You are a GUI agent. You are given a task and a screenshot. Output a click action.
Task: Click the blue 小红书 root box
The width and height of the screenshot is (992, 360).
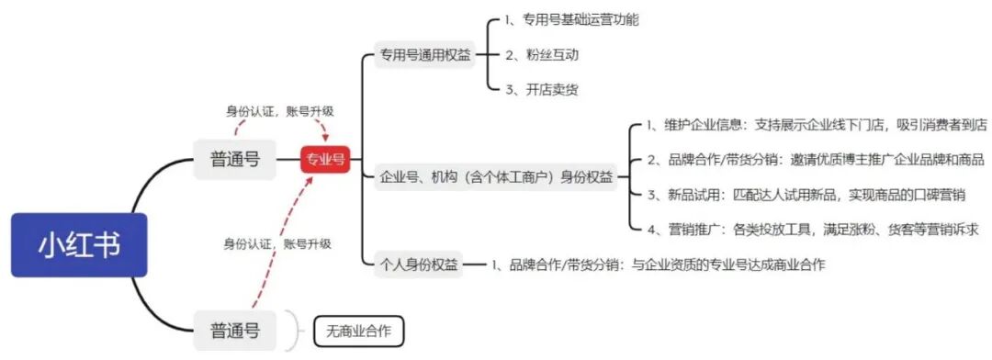pos(79,244)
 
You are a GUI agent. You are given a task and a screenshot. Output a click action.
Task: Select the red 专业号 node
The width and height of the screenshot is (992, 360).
pos(325,159)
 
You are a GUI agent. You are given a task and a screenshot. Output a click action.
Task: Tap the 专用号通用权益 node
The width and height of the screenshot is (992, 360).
pos(425,55)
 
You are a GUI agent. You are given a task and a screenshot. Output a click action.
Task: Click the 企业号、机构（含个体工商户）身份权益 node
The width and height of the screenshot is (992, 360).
pos(496,177)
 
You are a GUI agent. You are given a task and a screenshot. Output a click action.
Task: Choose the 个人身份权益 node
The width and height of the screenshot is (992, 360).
pos(418,264)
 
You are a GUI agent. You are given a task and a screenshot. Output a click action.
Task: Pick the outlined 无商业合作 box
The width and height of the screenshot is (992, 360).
pos(358,331)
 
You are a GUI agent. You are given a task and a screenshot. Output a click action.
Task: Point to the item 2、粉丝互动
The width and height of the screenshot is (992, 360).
pos(542,55)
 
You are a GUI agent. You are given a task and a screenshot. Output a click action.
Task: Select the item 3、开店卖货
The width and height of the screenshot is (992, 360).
pos(542,89)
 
